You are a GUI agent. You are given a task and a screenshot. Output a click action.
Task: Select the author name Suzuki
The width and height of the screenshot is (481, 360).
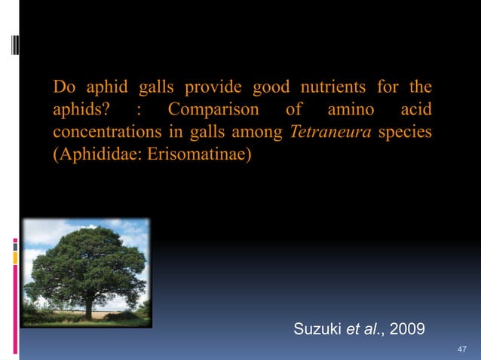pos(317,328)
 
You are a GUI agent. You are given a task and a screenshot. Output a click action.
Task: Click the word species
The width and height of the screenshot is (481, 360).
pos(406,134)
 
